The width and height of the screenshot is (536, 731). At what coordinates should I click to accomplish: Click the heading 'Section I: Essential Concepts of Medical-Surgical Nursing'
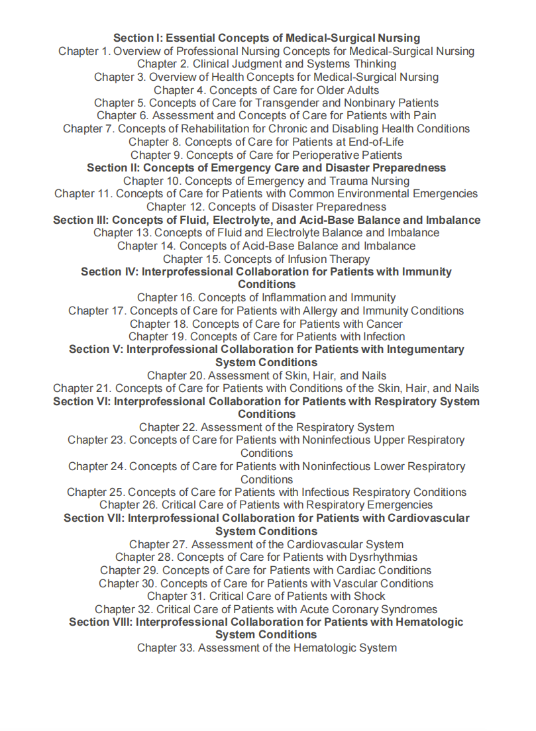coord(266,38)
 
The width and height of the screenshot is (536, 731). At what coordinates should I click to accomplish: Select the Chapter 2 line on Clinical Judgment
coord(266,64)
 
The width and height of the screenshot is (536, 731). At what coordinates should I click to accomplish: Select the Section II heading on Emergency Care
coord(266,168)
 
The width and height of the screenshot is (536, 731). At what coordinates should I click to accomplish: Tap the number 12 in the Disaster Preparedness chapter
coord(195,207)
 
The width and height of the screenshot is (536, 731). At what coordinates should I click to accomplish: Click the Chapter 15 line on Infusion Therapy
coord(266,259)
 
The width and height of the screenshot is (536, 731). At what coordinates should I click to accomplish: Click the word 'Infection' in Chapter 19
coord(382,337)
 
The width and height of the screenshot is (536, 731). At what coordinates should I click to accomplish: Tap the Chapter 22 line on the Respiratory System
coord(266,428)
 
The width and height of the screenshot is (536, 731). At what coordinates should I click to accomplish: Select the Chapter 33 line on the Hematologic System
coord(266,648)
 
